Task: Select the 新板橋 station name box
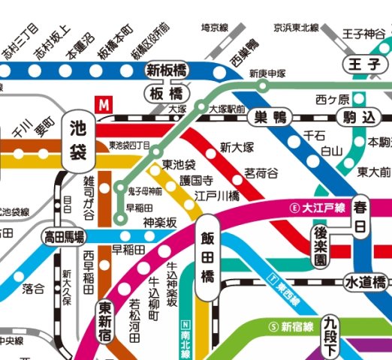(x=167, y=70)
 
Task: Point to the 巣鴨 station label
(x=271, y=117)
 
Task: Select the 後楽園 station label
(x=321, y=249)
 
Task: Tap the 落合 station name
(x=34, y=288)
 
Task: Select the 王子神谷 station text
(x=364, y=34)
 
